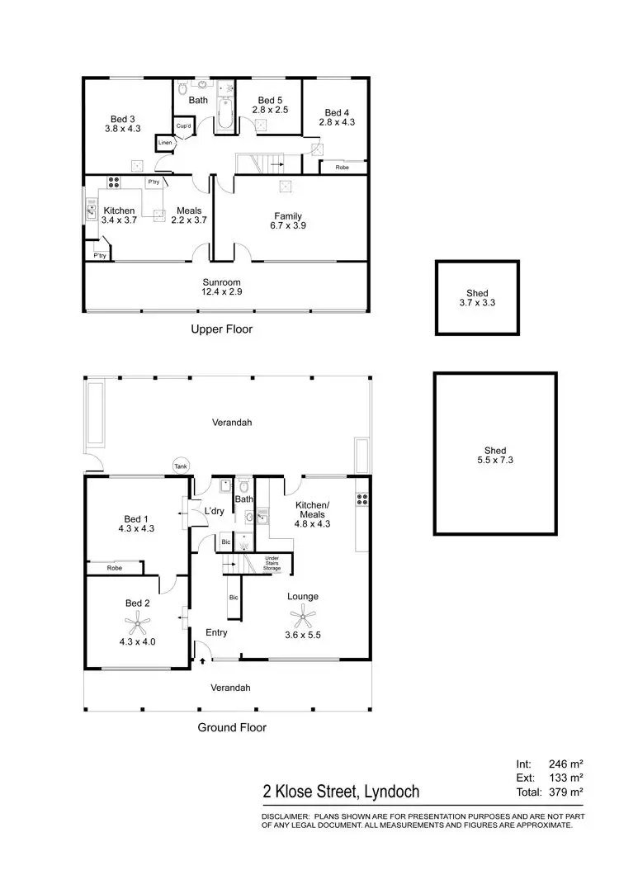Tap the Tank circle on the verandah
[x=180, y=466]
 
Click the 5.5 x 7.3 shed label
[x=494, y=456]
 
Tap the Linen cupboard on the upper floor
[x=164, y=143]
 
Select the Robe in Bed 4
[x=341, y=168]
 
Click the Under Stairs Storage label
[x=272, y=565]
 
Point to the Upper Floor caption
[x=221, y=329]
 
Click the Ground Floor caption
[x=231, y=727]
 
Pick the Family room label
[x=289, y=216]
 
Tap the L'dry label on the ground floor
[x=214, y=512]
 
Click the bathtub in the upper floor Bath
[x=224, y=114]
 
